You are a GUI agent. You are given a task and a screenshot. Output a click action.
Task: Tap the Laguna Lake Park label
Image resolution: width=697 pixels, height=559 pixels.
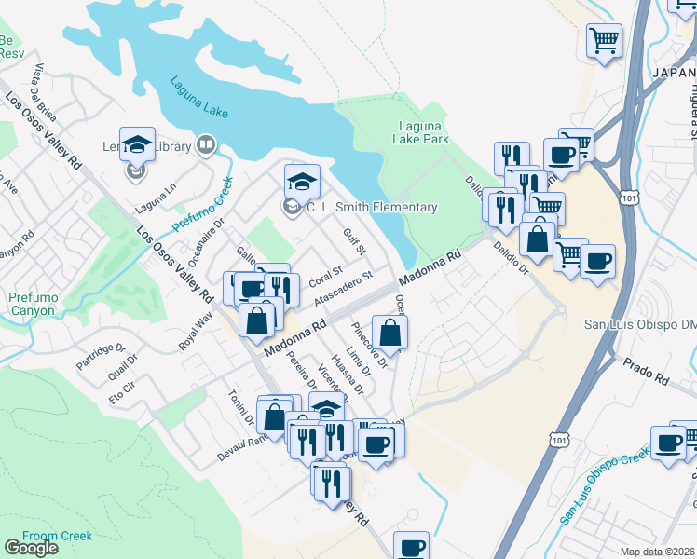[x=423, y=132]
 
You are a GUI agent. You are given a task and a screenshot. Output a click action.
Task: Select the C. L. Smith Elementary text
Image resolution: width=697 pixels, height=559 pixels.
[x=371, y=207]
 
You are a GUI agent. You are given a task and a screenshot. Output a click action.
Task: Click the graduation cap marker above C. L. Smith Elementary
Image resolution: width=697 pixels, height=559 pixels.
[x=302, y=179]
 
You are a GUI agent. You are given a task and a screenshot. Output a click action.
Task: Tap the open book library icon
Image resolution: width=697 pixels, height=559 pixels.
[x=205, y=145]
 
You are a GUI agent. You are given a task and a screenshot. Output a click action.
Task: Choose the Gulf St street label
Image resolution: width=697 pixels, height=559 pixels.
[x=354, y=242]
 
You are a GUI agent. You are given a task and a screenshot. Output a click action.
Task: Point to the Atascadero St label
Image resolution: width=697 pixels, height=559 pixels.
[x=344, y=289]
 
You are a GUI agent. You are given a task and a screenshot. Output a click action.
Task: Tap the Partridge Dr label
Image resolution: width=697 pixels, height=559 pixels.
[x=102, y=355]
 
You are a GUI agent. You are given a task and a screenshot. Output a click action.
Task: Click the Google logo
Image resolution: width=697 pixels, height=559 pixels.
[x=32, y=548]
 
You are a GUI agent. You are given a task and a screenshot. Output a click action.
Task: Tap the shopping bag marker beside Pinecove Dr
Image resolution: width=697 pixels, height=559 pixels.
[x=389, y=334]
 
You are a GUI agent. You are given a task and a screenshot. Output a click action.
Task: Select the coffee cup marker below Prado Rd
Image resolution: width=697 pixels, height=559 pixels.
[x=668, y=443]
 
